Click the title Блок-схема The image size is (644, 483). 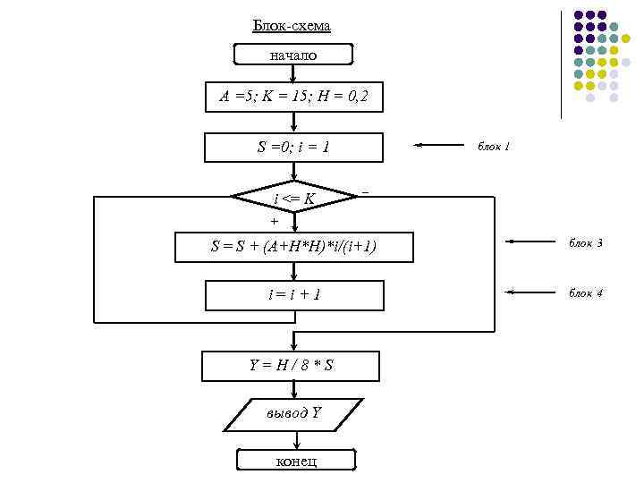click(292, 26)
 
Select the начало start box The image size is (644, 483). click(293, 55)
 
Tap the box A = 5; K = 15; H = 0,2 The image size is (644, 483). click(293, 97)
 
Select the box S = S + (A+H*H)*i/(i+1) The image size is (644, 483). click(294, 246)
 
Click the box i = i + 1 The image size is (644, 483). click(294, 294)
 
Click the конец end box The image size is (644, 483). click(295, 461)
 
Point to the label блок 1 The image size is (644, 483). click(494, 146)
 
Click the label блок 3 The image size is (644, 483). click(586, 242)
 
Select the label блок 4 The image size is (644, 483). click(586, 292)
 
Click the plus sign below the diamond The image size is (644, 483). click(274, 220)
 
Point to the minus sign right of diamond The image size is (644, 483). click(365, 191)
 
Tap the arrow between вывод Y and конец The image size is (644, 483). click(294, 440)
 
